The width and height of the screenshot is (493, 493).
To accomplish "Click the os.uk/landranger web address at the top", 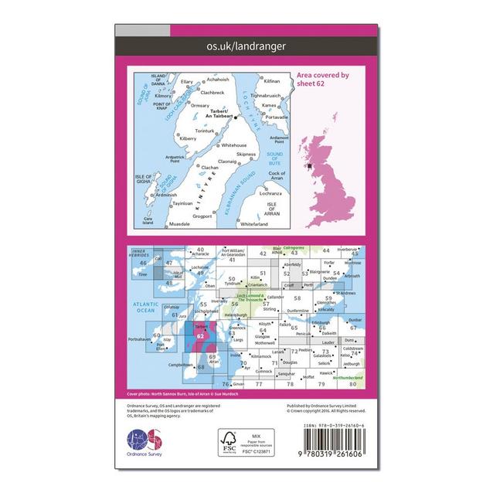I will click(x=246, y=46).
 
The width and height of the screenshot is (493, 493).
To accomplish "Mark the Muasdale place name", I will click(x=181, y=223).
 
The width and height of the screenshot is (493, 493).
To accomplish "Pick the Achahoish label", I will click(x=219, y=80).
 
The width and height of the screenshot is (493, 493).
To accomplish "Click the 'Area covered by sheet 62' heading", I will click(x=323, y=80).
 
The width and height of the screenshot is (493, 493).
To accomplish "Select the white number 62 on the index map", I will click(x=201, y=335).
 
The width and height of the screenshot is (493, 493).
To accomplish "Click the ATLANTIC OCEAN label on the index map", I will click(x=147, y=307).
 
